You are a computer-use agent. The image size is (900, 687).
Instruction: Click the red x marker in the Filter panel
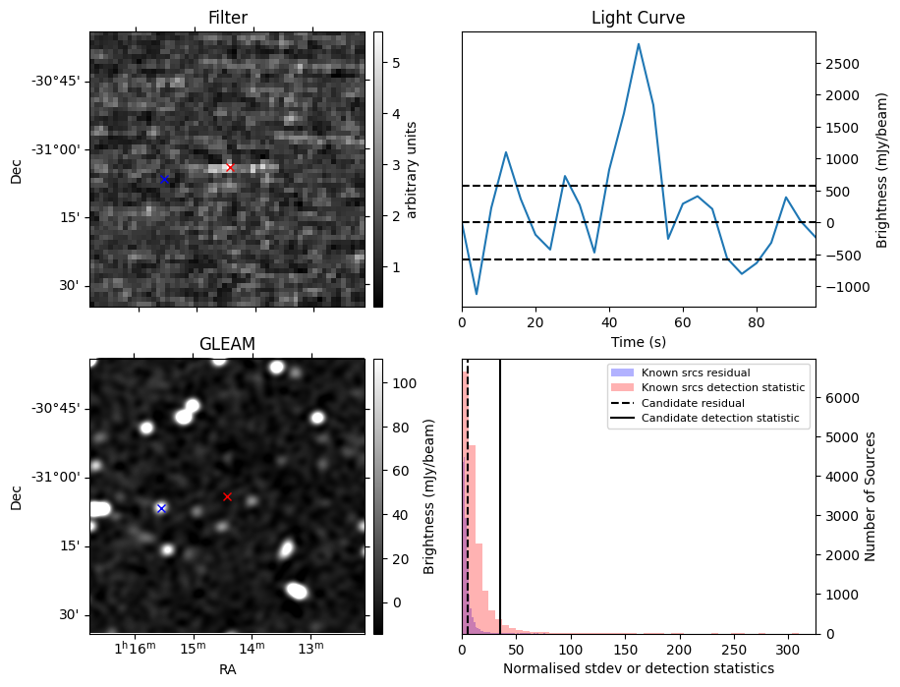click(230, 167)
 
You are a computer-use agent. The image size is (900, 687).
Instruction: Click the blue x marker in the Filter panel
click(164, 179)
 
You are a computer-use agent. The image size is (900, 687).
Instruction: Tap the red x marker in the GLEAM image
click(227, 496)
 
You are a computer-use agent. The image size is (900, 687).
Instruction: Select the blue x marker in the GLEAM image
click(161, 508)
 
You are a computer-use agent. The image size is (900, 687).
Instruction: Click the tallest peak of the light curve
click(639, 43)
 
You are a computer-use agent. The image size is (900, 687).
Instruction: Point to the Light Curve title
click(638, 18)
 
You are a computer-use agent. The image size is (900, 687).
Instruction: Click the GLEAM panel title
click(227, 344)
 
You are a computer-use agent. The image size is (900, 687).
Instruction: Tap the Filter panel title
click(227, 18)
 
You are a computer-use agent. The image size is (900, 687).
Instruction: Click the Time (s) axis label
click(638, 340)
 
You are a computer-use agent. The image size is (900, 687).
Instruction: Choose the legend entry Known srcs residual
click(696, 372)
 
